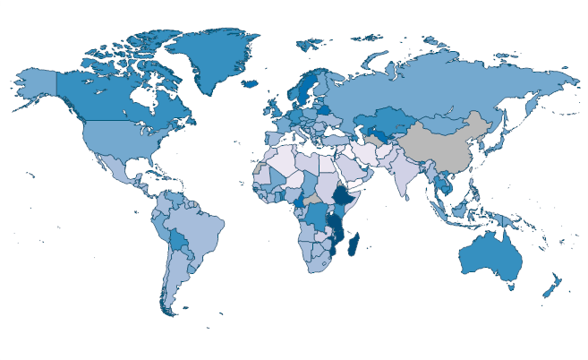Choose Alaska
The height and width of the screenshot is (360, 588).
pyautogui.click(x=36, y=85)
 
